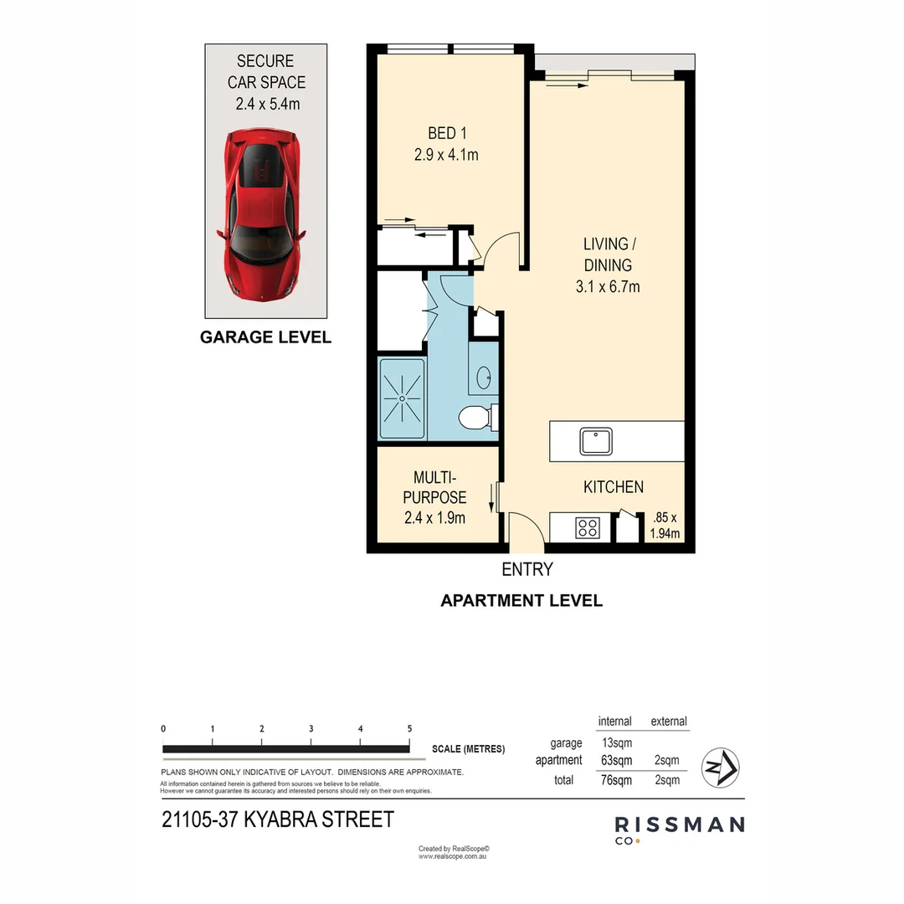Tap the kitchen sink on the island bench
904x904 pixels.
pyautogui.click(x=596, y=441)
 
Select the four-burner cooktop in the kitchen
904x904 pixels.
pyautogui.click(x=588, y=527)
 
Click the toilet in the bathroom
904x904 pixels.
pyautogui.click(x=477, y=416)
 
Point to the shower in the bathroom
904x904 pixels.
pyautogui.click(x=402, y=398)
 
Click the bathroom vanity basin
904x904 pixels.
pyautogui.click(x=484, y=378)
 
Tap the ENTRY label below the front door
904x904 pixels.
pyautogui.click(x=527, y=570)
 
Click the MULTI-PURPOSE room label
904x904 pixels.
pyautogui.click(x=434, y=497)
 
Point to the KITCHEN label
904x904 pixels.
pyautogui.click(x=613, y=487)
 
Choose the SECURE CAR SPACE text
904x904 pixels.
pyautogui.click(x=265, y=82)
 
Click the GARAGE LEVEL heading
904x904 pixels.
pyautogui.click(x=265, y=337)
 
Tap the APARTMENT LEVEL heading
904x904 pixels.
pyautogui.click(x=521, y=600)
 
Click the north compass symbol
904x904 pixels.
pyautogui.click(x=720, y=767)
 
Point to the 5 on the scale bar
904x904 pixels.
pyautogui.click(x=409, y=729)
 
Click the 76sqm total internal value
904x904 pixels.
pyautogui.click(x=617, y=780)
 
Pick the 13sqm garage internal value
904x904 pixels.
pyautogui.click(x=617, y=742)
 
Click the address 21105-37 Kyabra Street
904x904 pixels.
pyautogui.click(x=277, y=819)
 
